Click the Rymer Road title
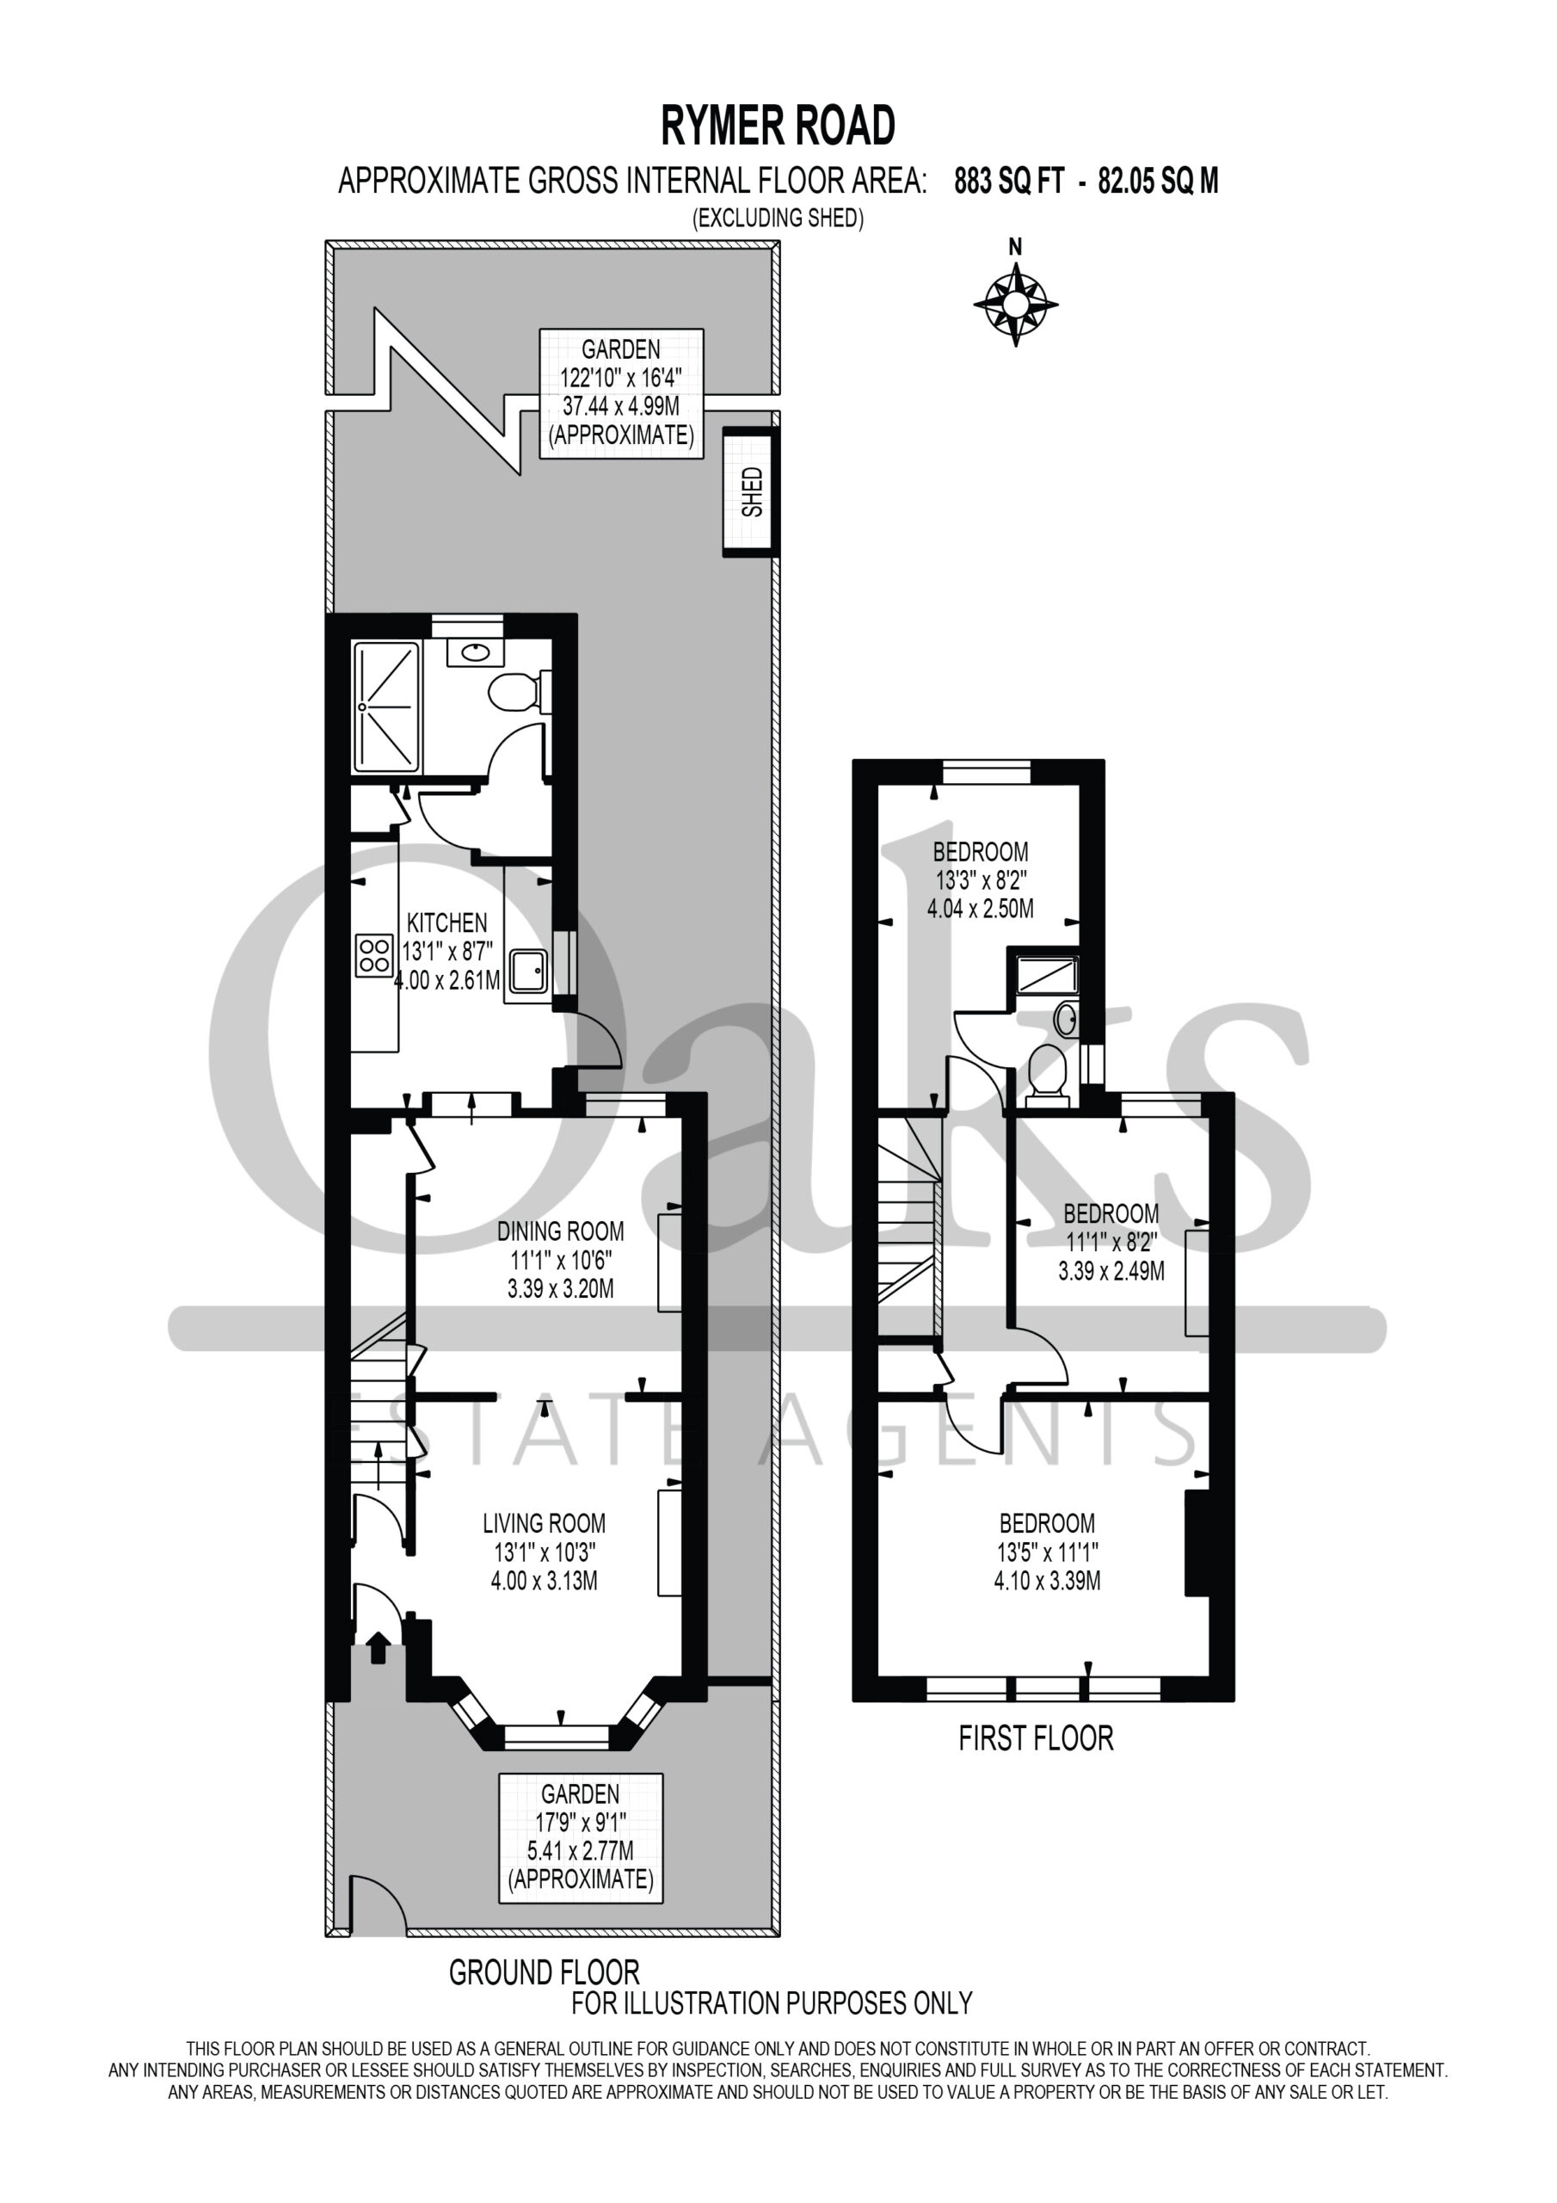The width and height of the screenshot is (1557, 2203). pos(778,126)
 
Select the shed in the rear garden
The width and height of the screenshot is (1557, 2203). pos(750,491)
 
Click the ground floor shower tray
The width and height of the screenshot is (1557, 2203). pos(386,707)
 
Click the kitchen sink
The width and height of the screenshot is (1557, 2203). pos(528,970)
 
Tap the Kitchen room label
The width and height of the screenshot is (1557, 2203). pos(447,923)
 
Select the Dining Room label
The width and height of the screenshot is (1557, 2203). pos(560,1231)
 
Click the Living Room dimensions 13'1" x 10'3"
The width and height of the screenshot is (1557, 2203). pos(544,1552)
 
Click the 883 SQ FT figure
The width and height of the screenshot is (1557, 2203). pos(1009,181)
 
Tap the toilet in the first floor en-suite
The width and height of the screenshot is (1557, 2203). pos(1048,1075)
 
